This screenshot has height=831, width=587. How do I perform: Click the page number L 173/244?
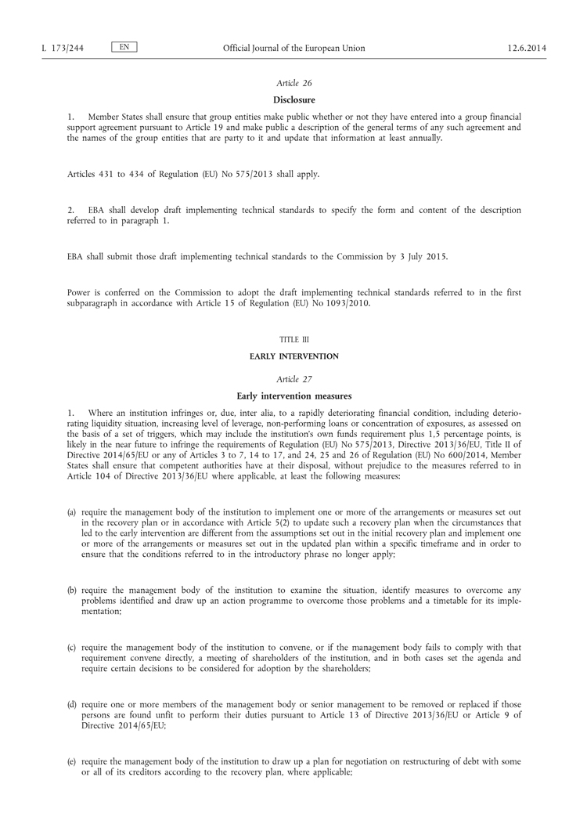(63, 49)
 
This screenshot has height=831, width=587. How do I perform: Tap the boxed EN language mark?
(124, 48)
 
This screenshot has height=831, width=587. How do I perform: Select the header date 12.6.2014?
(527, 49)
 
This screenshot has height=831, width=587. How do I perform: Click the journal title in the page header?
(294, 49)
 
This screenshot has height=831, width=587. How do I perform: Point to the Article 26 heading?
(294, 83)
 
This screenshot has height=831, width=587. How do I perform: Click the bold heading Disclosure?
(294, 99)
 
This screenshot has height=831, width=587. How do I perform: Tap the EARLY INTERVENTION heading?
(294, 356)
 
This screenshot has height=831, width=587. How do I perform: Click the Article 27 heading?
(294, 379)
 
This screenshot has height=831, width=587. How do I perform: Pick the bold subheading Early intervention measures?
(294, 396)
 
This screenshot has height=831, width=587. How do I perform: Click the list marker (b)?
(72, 589)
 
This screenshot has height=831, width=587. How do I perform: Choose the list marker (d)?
(72, 705)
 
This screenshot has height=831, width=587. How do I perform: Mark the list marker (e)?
(72, 762)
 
